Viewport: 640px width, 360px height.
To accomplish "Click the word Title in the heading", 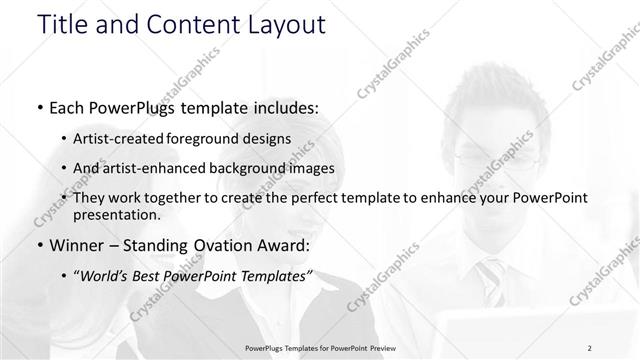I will (61, 25).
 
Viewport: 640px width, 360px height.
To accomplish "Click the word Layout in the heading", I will (283, 25).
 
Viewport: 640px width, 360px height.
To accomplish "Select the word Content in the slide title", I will (194, 25).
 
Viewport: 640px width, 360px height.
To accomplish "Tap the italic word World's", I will (104, 276).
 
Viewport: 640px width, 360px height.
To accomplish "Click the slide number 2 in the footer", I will (590, 348).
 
